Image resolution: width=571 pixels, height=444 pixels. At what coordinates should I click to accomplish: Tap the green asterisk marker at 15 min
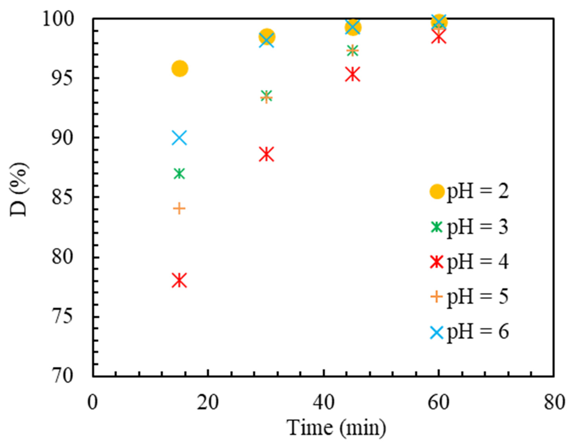point(179,173)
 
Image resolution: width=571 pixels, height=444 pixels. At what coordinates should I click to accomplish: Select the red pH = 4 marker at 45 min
point(353,74)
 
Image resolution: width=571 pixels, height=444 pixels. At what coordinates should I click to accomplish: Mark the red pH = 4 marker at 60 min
point(439,38)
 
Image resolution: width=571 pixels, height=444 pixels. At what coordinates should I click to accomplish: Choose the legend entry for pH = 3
point(469,227)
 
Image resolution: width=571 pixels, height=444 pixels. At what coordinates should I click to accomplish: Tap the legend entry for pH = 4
point(469,262)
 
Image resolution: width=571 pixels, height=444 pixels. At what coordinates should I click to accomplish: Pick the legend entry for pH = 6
point(469,332)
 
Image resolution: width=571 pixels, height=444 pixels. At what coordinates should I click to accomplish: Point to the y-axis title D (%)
point(19,190)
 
